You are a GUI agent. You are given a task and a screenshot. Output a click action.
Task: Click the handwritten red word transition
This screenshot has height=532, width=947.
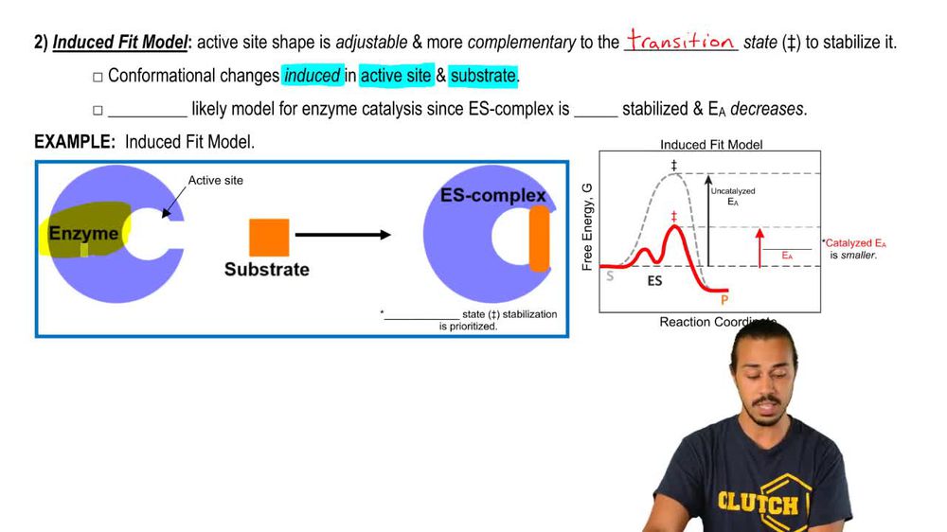coord(681,40)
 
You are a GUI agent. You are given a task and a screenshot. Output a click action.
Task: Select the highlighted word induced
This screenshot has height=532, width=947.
coord(313,76)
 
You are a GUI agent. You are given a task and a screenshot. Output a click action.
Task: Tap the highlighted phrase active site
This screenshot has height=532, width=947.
coord(396,76)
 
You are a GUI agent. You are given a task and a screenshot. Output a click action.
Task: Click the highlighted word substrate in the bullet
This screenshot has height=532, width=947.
coord(483,76)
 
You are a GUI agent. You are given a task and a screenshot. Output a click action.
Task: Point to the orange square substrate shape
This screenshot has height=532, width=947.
coord(269,238)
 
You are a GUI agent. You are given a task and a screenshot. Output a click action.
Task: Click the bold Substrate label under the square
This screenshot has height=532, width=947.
coord(267,270)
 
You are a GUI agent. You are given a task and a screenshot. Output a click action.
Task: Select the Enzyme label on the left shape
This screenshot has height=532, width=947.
coord(83,234)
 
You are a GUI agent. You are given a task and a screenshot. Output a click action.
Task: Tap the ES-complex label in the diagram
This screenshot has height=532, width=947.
coord(492,195)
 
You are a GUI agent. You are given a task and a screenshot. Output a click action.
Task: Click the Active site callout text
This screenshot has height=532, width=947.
coord(216,180)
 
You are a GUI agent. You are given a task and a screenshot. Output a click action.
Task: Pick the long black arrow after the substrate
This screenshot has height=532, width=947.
coord(343,235)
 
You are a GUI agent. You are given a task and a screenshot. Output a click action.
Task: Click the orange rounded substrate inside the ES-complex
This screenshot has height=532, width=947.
coord(540,239)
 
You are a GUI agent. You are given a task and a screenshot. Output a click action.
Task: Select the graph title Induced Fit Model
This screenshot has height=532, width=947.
coord(711,144)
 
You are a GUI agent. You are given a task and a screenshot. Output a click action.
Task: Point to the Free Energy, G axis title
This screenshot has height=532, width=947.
coord(587,226)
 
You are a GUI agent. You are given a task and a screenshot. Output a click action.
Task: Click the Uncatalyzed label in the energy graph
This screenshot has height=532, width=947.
coord(733,191)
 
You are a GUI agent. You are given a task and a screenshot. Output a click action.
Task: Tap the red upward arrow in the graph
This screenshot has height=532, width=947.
coord(759,248)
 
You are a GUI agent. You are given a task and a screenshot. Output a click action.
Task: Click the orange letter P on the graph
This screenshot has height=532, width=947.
coord(724,299)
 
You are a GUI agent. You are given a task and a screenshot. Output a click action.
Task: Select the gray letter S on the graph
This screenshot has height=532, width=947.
coord(610,276)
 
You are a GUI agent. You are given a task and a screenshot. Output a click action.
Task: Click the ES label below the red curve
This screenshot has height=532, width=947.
coord(654,281)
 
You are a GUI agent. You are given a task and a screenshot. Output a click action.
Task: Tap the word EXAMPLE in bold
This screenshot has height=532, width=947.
coord(74,142)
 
